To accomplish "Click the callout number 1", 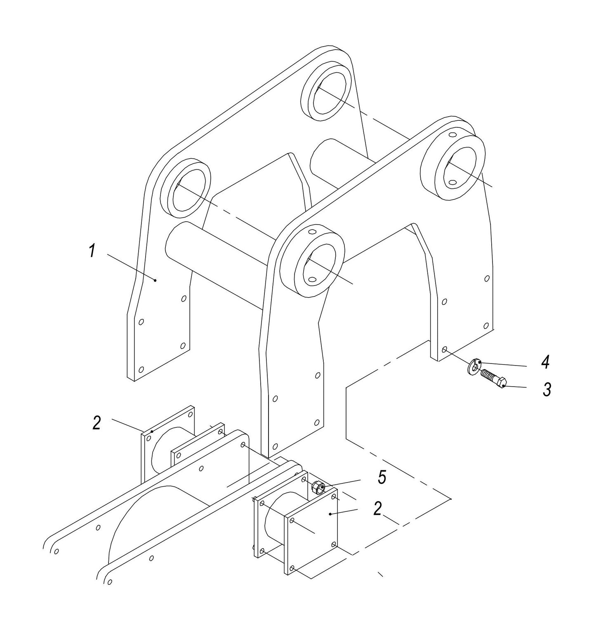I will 92,251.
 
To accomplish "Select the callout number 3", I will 547,389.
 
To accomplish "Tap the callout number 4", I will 545,363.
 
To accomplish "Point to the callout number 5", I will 382,477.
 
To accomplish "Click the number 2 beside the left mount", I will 96,423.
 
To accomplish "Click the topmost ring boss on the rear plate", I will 326,92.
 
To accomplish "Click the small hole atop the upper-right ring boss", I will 452,135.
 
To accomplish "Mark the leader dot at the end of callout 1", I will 155,280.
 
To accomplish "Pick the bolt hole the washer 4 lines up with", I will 444,349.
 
